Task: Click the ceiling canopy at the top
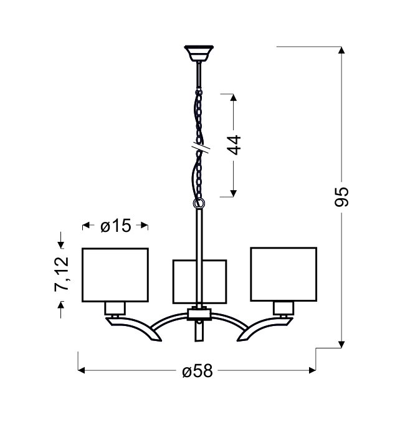[x=199, y=53]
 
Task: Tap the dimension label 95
[x=341, y=197]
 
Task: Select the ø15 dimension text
[x=116, y=226]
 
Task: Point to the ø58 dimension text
[x=198, y=371]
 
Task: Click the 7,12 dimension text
[x=62, y=274]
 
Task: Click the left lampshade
[x=115, y=275]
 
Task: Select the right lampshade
[x=283, y=274]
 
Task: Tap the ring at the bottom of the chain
[x=199, y=203]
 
